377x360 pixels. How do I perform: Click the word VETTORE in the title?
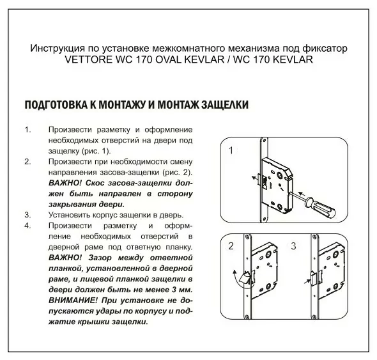tap(88, 59)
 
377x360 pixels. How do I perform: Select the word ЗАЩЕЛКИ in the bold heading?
tap(225, 105)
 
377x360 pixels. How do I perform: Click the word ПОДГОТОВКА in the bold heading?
tap(56, 105)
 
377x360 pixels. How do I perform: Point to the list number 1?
tap(28, 130)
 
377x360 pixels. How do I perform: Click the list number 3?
tap(28, 215)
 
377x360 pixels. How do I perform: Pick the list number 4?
tap(28, 226)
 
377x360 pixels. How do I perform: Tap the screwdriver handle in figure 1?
tap(321, 207)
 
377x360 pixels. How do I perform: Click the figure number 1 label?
tap(231, 150)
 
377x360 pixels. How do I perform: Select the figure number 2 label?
tap(231, 246)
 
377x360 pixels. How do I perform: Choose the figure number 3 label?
tap(293, 246)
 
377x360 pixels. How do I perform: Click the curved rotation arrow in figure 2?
tap(237, 279)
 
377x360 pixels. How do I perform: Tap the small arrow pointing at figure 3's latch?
tap(307, 281)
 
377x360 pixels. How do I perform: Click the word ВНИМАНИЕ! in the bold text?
tap(73, 301)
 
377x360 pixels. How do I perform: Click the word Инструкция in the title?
tap(58, 49)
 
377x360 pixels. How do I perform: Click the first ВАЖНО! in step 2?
tap(65, 183)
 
